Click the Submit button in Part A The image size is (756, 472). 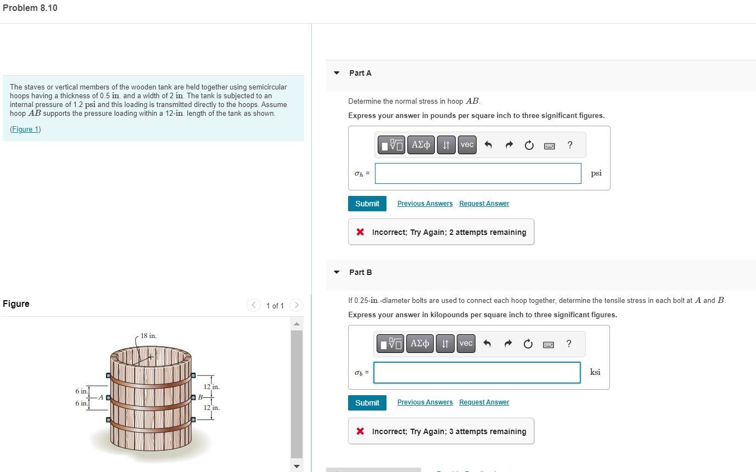[367, 204]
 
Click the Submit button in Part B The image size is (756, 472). [367, 403]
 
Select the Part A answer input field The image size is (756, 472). [478, 173]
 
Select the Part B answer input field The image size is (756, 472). [477, 373]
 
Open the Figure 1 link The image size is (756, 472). [25, 130]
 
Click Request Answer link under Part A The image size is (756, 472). [484, 204]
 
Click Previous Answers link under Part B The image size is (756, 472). [425, 402]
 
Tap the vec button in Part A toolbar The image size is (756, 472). [467, 145]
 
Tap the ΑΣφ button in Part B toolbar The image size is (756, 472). [420, 344]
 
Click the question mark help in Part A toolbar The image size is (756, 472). [570, 145]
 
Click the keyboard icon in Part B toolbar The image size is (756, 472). [548, 344]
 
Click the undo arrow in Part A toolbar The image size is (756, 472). [488, 145]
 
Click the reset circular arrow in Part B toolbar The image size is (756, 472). [528, 344]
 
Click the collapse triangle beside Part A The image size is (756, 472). [337, 73]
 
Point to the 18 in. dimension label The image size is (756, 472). [148, 336]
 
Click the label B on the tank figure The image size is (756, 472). [200, 397]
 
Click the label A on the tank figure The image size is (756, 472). [100, 397]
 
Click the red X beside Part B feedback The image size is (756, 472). [360, 431]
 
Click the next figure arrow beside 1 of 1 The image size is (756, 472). [296, 305]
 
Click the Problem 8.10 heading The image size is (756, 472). [30, 8]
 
